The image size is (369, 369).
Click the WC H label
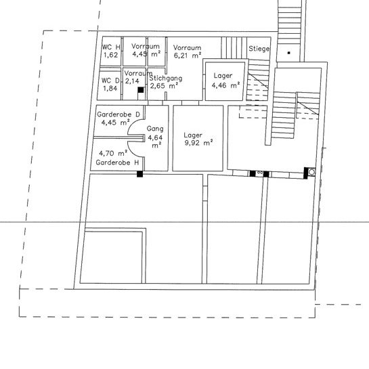tap(110, 47)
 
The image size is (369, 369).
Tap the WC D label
tap(110, 80)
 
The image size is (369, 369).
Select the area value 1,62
tap(110, 55)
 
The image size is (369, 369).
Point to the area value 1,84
tap(110, 88)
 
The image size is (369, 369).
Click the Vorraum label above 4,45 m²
tap(146, 45)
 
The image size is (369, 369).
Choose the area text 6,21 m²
tap(189, 57)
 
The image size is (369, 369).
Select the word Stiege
tap(259, 49)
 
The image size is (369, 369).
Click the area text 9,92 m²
tap(198, 144)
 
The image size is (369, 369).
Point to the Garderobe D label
tap(118, 114)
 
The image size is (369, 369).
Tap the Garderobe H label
tap(118, 162)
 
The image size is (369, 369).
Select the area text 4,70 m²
tap(113, 154)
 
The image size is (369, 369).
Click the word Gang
tap(156, 128)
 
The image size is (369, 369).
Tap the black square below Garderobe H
tap(139, 174)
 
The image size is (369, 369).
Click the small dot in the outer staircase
tap(288, 52)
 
